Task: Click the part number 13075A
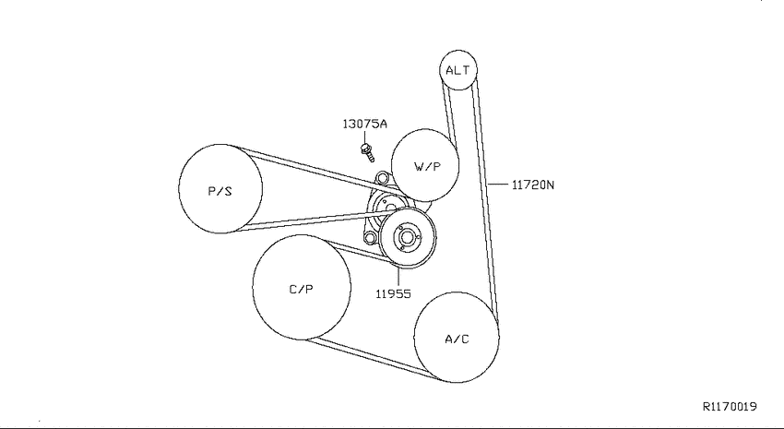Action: coord(364,124)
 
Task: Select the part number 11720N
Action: coord(533,185)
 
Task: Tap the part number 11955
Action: coord(394,293)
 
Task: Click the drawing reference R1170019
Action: coord(730,407)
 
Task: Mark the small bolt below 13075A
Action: coord(367,152)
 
